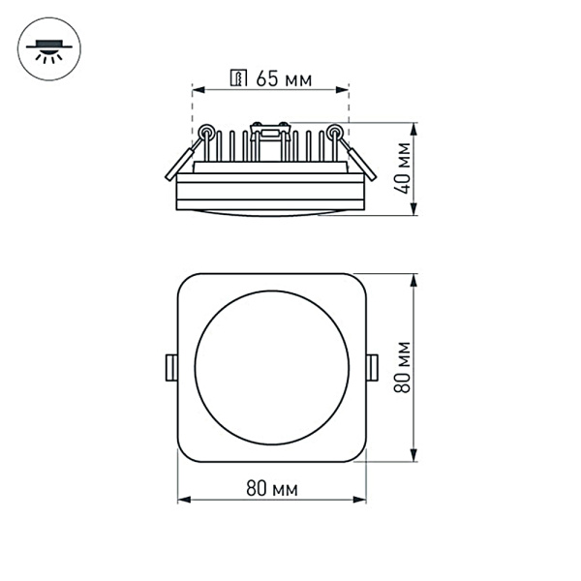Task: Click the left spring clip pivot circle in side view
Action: (x=205, y=132)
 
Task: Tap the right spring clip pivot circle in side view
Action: (x=335, y=132)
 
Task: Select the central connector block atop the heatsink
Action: (x=270, y=129)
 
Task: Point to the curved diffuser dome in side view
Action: (x=271, y=209)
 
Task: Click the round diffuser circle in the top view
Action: (x=271, y=367)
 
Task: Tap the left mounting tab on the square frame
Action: (x=170, y=366)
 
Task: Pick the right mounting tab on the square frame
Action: (x=372, y=366)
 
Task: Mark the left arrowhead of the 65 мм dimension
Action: (x=197, y=90)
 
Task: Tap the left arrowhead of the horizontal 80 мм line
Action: (x=182, y=501)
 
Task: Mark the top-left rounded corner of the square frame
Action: (x=186, y=282)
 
